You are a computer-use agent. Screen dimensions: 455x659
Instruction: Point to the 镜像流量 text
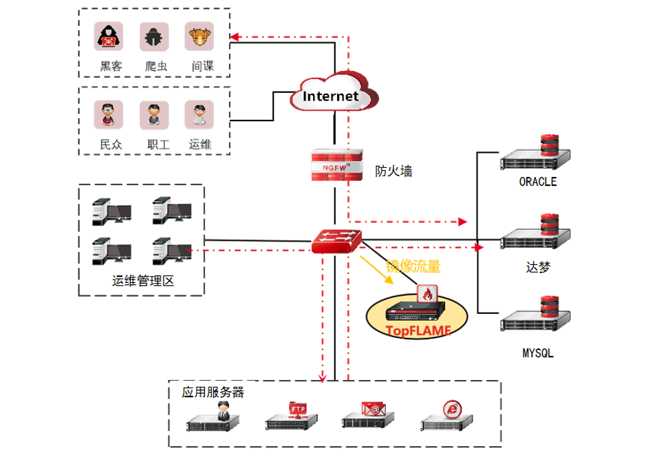tap(413, 266)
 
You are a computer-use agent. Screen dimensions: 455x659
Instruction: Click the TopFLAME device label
tap(418, 330)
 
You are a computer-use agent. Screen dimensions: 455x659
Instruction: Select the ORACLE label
tap(538, 182)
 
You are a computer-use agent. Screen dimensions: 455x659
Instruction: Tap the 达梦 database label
tap(537, 268)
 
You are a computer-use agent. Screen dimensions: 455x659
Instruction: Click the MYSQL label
tap(538, 354)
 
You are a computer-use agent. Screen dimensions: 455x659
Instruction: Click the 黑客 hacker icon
tap(109, 37)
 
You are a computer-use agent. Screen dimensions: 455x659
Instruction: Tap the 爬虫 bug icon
tap(154, 37)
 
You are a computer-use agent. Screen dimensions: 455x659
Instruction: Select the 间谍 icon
tap(199, 37)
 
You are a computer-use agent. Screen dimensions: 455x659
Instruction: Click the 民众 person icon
tap(109, 115)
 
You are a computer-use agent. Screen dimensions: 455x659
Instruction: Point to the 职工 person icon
tap(154, 115)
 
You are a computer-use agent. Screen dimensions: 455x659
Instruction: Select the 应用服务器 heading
tap(213, 392)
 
